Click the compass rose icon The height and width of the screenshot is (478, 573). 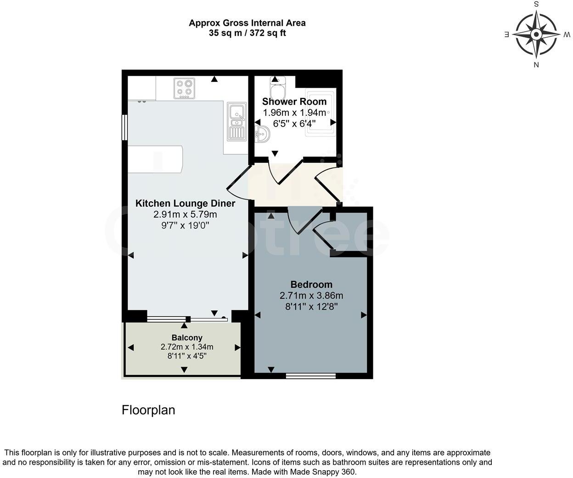click(x=536, y=34)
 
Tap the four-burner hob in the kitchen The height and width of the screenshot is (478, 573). click(x=184, y=89)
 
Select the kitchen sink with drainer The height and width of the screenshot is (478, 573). click(x=236, y=121)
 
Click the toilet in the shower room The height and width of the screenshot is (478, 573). click(x=278, y=86)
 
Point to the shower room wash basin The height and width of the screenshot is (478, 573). click(x=262, y=134)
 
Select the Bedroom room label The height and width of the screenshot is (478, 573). click(x=311, y=285)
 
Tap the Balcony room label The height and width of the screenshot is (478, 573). click(x=187, y=338)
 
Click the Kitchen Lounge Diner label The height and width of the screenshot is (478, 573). click(x=185, y=204)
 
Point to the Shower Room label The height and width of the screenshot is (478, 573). click(x=294, y=102)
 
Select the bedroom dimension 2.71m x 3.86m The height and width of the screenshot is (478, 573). click(x=311, y=296)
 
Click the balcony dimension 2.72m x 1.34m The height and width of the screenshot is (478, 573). click(x=187, y=347)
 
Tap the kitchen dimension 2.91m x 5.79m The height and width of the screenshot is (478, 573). click(x=185, y=215)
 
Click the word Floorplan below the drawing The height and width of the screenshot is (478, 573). click(x=148, y=410)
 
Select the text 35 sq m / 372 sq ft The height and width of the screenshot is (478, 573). click(x=247, y=33)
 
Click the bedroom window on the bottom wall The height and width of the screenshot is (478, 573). click(x=311, y=376)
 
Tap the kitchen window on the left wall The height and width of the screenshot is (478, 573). click(x=124, y=127)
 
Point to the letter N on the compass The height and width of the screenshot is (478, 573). click(x=536, y=65)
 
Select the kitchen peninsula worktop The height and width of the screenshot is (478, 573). click(x=155, y=159)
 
